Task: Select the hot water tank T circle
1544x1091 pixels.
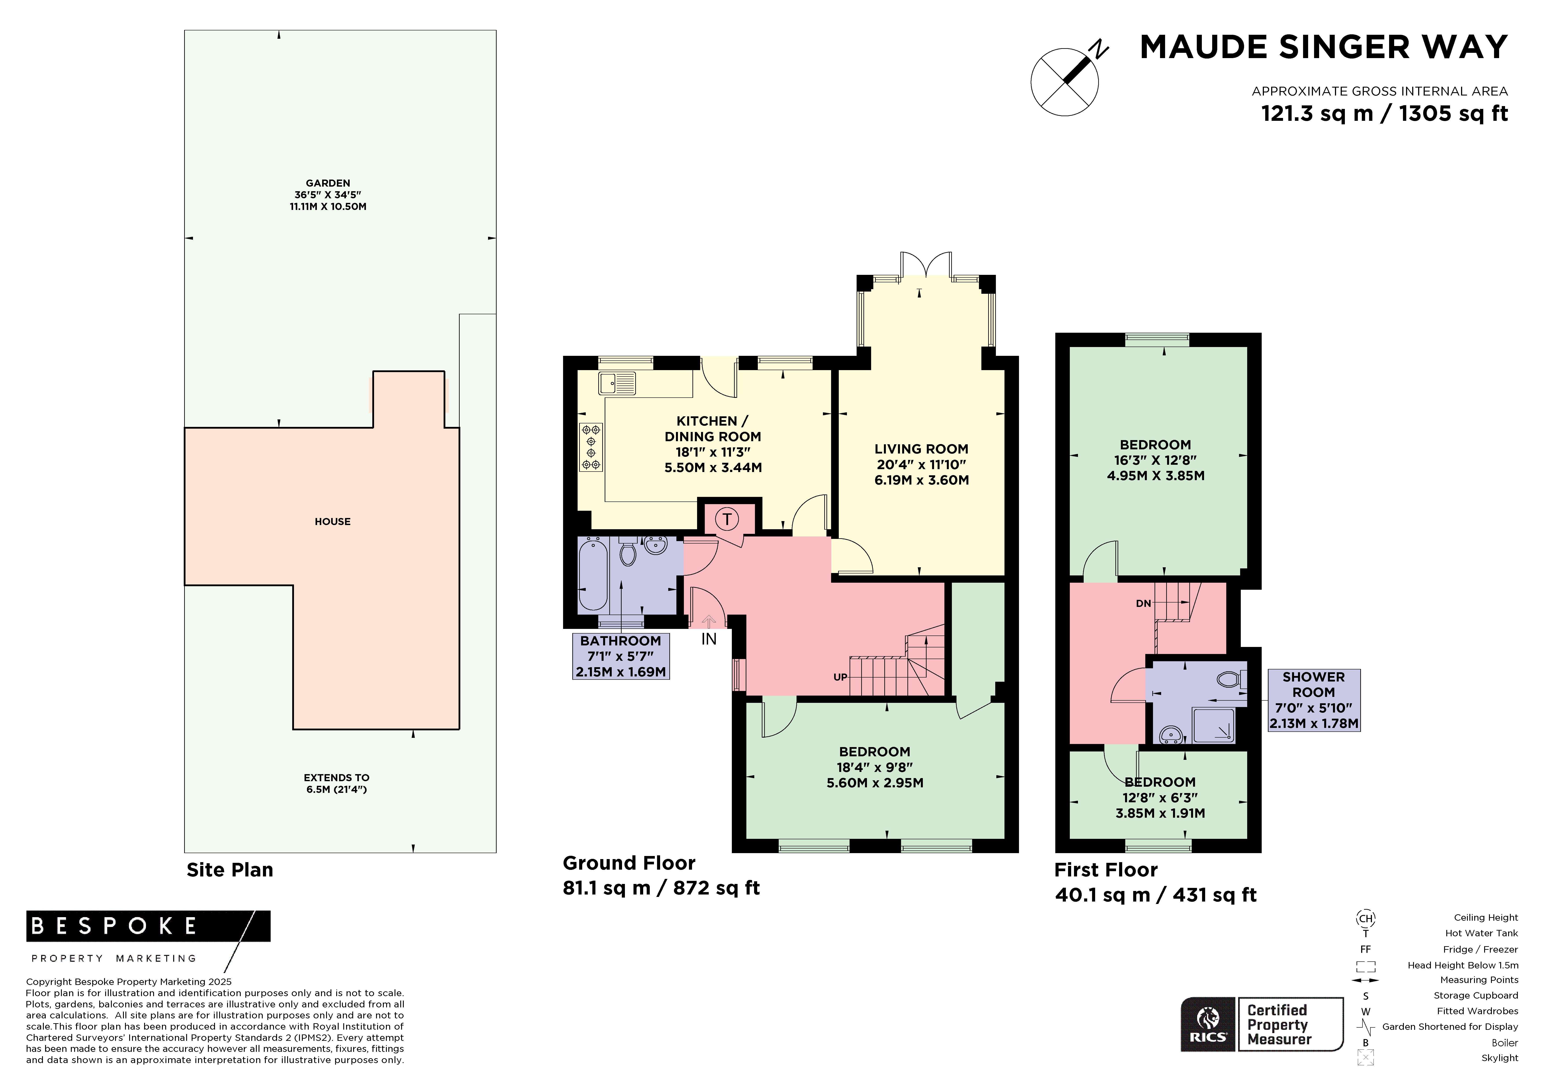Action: click(727, 519)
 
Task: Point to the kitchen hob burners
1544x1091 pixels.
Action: click(591, 447)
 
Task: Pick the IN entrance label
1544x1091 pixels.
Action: click(709, 639)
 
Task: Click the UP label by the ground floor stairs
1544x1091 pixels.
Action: click(840, 677)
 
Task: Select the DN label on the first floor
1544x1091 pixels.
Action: click(1143, 603)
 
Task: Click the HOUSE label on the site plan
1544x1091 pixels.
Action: click(332, 521)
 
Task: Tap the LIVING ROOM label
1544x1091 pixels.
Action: click(921, 449)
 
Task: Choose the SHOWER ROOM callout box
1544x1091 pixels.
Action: click(1314, 700)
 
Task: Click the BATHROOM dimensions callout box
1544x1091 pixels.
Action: click(621, 656)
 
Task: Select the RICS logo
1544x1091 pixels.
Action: click(1208, 1024)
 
